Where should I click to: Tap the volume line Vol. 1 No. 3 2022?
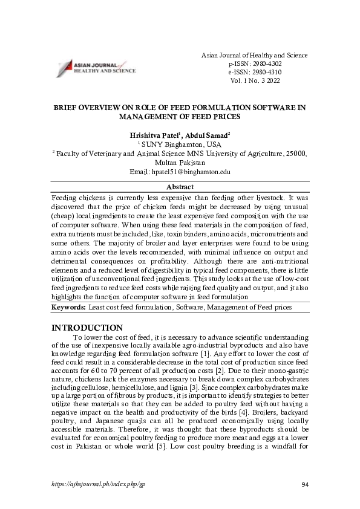coord(254,80)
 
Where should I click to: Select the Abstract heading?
coord(180,187)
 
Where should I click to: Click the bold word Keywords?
coord(68,307)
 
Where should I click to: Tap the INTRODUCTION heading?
coord(88,328)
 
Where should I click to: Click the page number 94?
coord(305,485)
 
